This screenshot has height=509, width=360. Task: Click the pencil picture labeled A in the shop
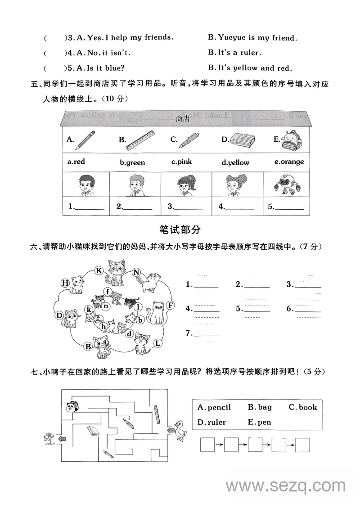85,140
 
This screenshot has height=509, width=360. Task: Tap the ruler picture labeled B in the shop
140,140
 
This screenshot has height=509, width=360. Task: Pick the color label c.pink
181,162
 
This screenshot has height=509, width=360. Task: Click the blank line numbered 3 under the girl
185,207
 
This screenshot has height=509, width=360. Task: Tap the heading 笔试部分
180,230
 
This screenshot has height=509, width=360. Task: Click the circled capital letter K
99,270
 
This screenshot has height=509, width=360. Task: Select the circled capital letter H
65,283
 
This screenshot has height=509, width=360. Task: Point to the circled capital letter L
157,343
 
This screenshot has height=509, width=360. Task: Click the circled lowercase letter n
106,306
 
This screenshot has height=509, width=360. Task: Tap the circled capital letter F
170,306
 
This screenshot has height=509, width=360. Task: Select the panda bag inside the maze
72,406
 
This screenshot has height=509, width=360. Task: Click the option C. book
302,407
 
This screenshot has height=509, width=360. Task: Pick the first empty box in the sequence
207,445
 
